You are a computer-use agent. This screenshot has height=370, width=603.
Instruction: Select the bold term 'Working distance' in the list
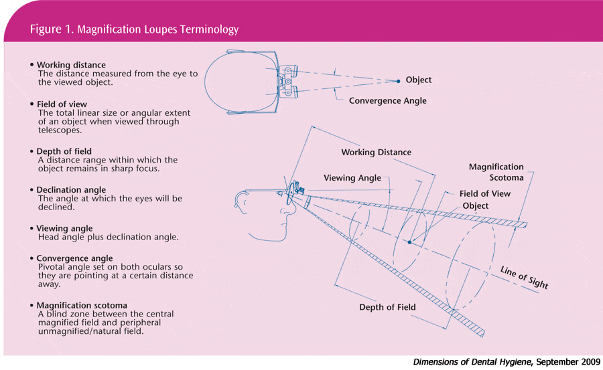[71, 65]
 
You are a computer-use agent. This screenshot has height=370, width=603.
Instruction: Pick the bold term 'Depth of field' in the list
[64, 151]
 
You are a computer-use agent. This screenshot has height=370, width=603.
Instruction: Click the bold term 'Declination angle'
[71, 190]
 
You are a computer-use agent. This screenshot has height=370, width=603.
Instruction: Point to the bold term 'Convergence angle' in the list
[74, 258]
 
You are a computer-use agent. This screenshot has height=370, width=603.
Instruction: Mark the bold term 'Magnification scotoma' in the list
[82, 305]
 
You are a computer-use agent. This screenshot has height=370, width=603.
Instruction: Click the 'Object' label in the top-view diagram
[419, 80]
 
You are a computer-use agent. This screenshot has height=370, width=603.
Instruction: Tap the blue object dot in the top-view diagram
[398, 80]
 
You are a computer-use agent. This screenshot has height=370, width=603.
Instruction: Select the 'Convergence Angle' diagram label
[387, 101]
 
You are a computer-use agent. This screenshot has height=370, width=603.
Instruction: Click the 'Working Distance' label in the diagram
[376, 153]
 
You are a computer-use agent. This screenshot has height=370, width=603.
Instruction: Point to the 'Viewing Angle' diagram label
[352, 178]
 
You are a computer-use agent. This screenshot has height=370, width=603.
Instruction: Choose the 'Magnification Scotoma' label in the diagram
[496, 172]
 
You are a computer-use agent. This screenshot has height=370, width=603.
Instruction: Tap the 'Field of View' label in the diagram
[484, 194]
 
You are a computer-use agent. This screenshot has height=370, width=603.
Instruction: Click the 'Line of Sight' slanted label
[524, 277]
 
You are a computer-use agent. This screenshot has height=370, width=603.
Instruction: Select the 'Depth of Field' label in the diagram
[388, 307]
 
